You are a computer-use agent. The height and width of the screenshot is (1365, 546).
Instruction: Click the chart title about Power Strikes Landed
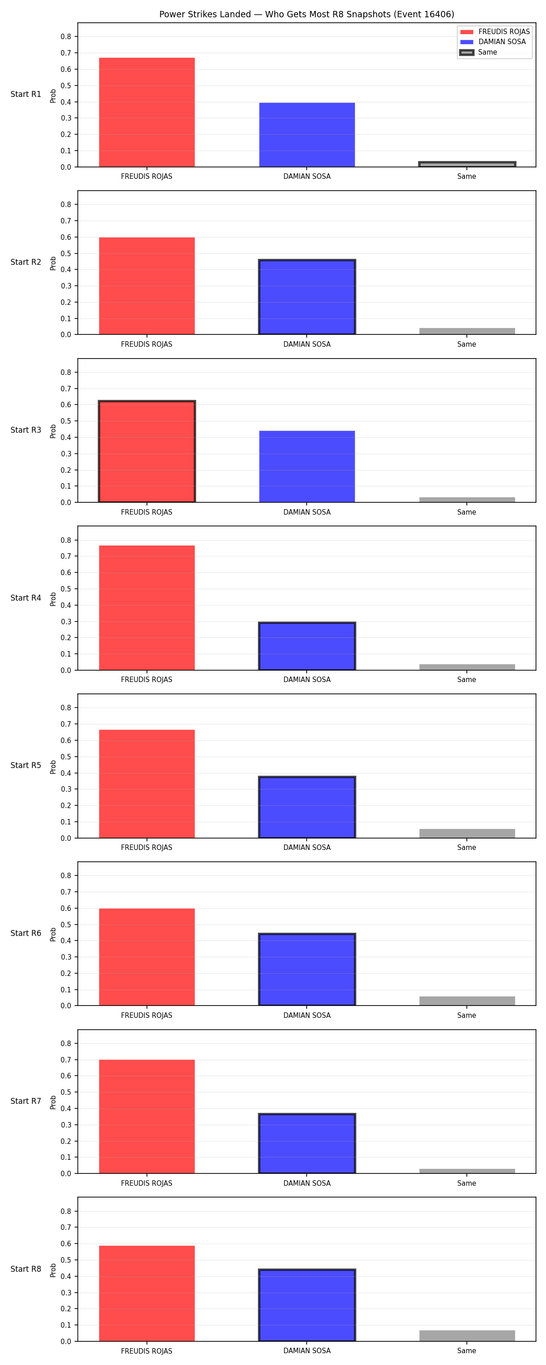(x=306, y=14)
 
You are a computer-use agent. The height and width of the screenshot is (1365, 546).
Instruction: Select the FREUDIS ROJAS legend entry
(x=495, y=32)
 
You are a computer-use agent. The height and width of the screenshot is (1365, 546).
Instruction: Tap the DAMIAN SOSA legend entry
(x=493, y=42)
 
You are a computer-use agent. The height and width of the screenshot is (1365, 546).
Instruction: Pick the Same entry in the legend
(x=479, y=52)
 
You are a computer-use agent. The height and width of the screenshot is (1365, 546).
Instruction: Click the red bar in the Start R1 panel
(x=147, y=112)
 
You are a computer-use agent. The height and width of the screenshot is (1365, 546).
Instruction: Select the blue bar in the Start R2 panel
(x=307, y=297)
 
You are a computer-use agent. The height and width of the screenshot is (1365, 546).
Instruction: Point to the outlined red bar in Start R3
(x=147, y=451)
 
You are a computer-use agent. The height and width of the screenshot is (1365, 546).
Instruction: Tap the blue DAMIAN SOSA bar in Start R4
(x=307, y=646)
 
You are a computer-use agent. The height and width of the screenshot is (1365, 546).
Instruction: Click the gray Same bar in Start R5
(x=467, y=834)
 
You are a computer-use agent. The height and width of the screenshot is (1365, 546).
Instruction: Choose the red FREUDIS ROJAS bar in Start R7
(x=147, y=1117)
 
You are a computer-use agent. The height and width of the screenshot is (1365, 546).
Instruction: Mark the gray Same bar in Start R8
(x=467, y=1336)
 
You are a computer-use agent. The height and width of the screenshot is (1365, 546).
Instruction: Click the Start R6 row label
(x=25, y=933)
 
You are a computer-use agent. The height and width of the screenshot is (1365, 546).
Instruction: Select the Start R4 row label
(x=25, y=598)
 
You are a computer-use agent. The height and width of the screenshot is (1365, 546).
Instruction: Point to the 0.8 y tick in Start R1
(x=66, y=36)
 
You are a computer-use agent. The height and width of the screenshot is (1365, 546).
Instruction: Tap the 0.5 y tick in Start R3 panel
(x=66, y=421)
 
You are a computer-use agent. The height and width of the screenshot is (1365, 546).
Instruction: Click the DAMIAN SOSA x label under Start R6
(x=307, y=1015)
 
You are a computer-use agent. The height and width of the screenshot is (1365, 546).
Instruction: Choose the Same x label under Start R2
(x=466, y=344)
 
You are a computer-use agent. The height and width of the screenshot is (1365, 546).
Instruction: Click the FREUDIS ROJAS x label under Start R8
(x=147, y=1351)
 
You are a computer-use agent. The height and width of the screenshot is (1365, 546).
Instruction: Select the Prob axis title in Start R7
(x=53, y=1102)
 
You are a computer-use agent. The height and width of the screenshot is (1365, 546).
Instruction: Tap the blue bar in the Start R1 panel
(x=307, y=135)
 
